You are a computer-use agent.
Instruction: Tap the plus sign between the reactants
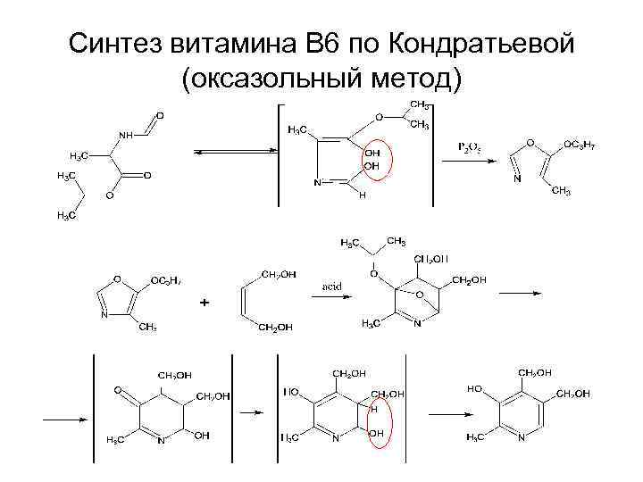pyautogui.click(x=205, y=303)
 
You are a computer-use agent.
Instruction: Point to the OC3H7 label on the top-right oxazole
pyautogui.click(x=580, y=145)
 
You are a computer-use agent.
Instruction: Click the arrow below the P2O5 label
pyautogui.click(x=470, y=160)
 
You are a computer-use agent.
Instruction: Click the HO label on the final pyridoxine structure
pyautogui.click(x=474, y=389)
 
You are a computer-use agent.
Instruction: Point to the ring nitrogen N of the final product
pyautogui.click(x=520, y=438)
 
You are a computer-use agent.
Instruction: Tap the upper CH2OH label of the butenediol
pyautogui.click(x=278, y=274)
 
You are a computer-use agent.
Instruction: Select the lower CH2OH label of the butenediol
pyautogui.click(x=278, y=328)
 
